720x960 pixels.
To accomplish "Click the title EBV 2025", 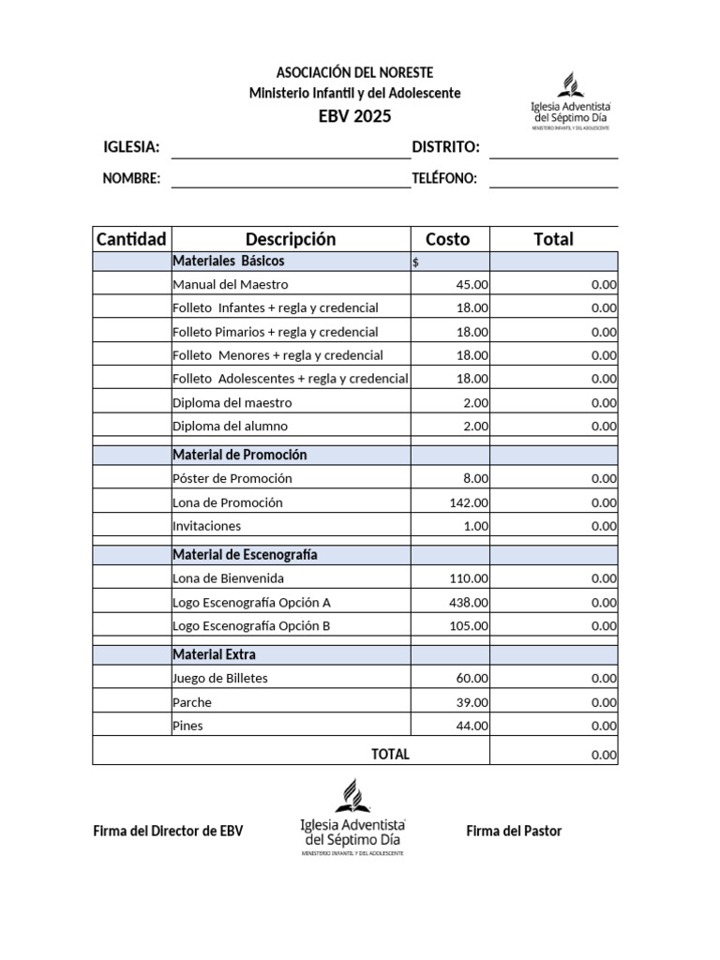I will pos(354,116).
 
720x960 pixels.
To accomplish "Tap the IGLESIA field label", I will pos(130,147).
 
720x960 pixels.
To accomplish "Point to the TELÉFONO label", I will pos(444,178).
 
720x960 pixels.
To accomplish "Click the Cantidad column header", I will pos(131,239).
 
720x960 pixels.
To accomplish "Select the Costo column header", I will pos(448,239).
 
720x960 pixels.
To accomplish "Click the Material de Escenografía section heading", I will pos(245,554).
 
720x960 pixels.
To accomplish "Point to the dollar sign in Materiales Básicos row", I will pos(416,262).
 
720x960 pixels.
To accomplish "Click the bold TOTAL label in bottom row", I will pos(390,754).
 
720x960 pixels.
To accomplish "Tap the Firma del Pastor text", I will pos(514,831).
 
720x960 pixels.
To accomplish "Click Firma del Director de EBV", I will pos(168,831).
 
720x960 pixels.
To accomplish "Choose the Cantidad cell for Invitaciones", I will pos(131,526).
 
